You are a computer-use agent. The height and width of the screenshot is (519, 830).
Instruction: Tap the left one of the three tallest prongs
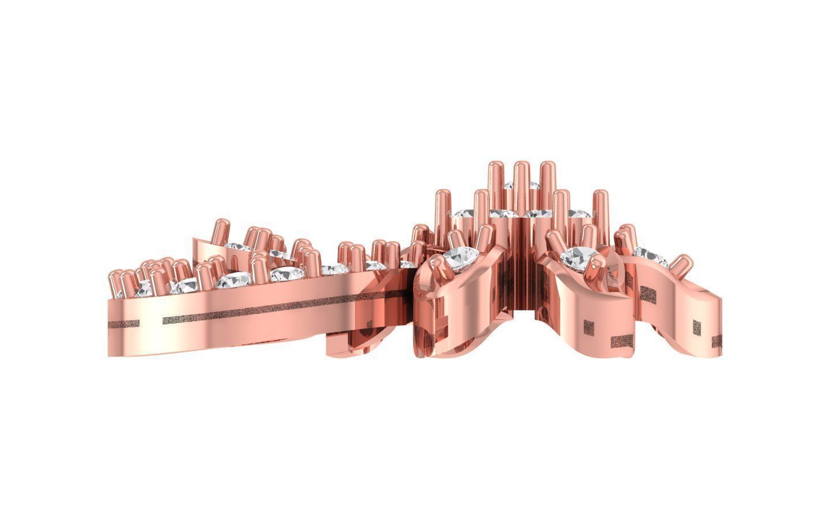[x=495, y=182]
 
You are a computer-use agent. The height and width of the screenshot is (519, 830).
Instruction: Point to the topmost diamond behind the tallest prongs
[x=508, y=186]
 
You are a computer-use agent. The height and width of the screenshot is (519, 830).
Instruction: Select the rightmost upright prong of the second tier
[x=600, y=208]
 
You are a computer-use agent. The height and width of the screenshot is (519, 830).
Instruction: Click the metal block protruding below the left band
[x=346, y=343]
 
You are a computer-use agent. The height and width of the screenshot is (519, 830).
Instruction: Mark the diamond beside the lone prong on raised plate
[x=237, y=247]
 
